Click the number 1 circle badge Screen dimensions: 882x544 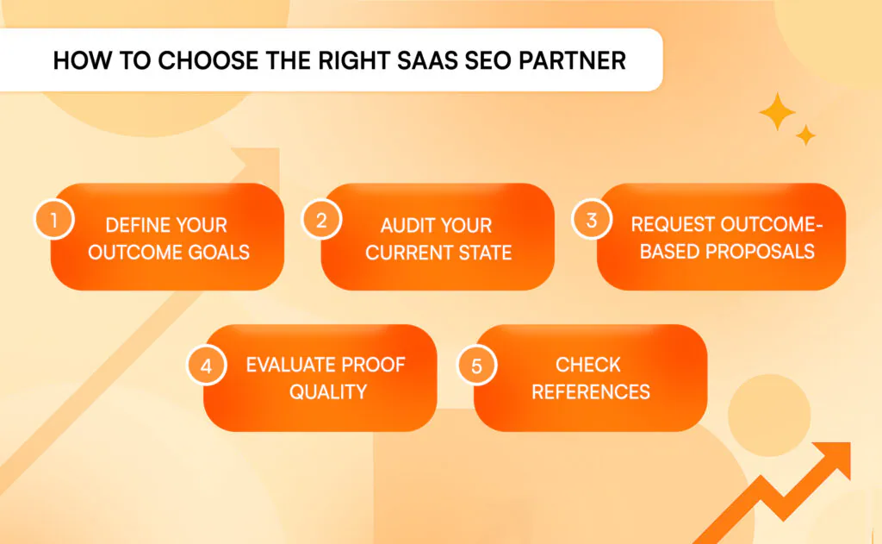(x=54, y=220)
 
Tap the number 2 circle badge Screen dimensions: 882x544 (x=321, y=220)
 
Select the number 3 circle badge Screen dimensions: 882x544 (x=591, y=220)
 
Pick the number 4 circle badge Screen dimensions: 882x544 (x=207, y=366)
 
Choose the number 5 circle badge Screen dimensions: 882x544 (x=476, y=366)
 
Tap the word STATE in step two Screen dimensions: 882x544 (x=485, y=253)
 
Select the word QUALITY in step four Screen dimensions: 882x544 (x=328, y=392)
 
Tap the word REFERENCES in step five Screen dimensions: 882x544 (x=591, y=392)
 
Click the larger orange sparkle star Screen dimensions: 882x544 (x=778, y=111)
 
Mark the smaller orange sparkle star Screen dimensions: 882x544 (x=805, y=135)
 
